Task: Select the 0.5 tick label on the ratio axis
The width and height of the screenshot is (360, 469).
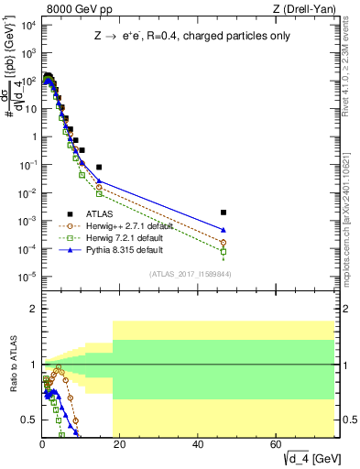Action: click(27, 420)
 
